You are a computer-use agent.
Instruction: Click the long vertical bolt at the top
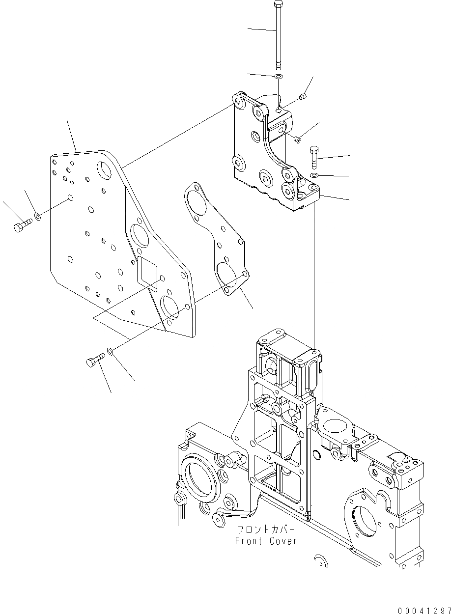coord(278,34)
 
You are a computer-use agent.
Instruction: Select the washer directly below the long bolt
coord(278,77)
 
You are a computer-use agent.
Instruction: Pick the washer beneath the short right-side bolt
coord(314,175)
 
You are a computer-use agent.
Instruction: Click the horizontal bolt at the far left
coord(21,226)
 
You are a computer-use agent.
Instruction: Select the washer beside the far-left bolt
coord(38,216)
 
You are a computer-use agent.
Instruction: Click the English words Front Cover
coord(266,541)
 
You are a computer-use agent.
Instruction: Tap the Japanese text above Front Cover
coord(266,530)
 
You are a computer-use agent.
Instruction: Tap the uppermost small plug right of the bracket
coord(303,98)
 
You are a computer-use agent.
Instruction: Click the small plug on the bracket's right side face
coord(297,140)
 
